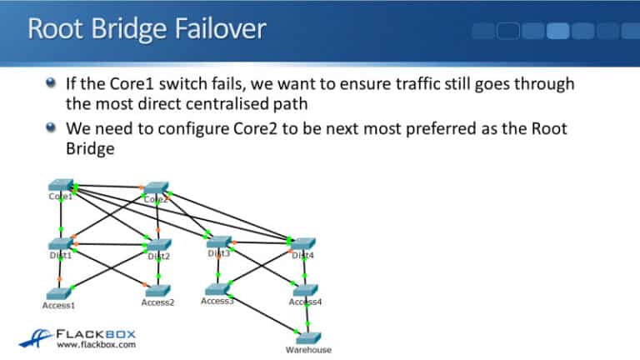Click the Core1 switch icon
point(60,185)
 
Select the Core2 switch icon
point(155,188)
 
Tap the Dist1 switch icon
point(60,243)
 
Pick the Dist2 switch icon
point(157,245)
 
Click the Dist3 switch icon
point(218,242)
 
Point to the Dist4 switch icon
point(303,243)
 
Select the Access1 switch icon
point(58,294)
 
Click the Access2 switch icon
point(157,291)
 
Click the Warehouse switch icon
point(307,337)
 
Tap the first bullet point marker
point(52,83)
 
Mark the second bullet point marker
point(52,127)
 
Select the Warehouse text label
point(308,350)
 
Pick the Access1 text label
point(58,306)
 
